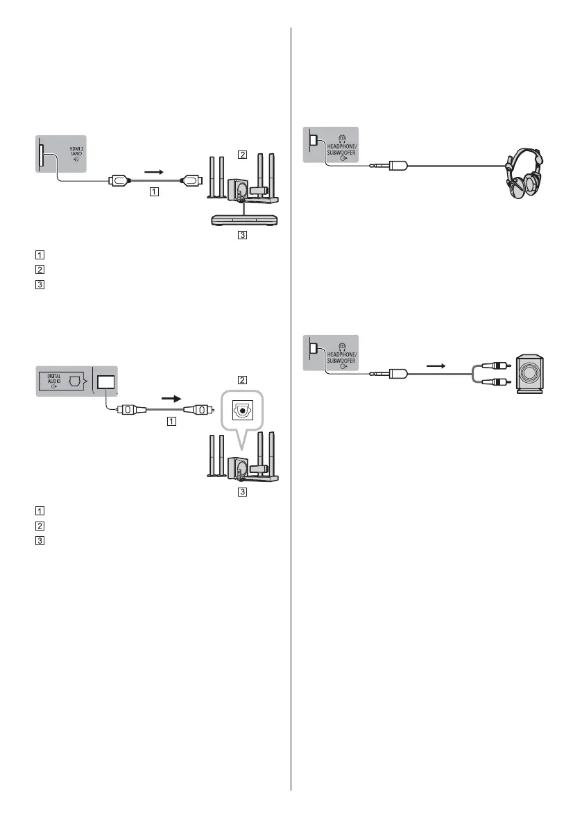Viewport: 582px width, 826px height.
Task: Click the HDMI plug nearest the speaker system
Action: point(191,182)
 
